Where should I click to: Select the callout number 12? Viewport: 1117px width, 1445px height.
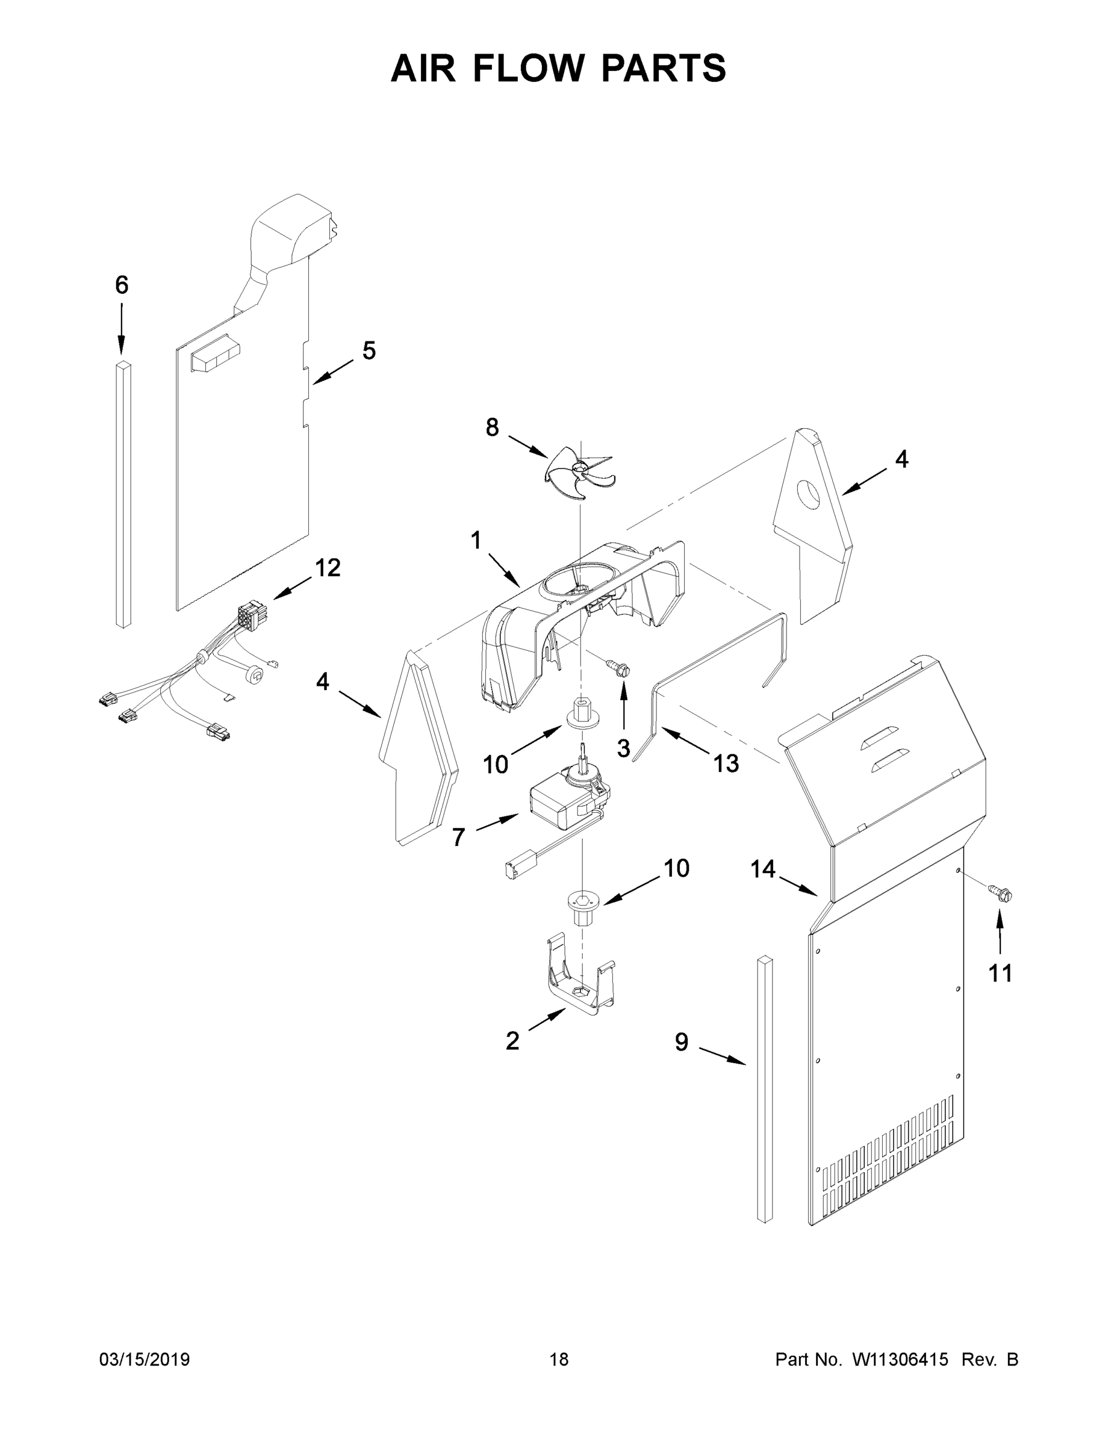tap(328, 567)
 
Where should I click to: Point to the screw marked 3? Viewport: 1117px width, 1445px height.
tap(620, 669)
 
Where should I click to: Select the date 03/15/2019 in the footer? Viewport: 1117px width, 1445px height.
tap(145, 1360)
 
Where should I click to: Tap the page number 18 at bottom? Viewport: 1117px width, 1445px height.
tap(559, 1360)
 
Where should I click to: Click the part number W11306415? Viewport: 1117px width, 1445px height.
tap(900, 1360)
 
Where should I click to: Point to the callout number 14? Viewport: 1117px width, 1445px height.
tap(762, 869)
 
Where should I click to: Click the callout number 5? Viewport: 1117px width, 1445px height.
tap(369, 350)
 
